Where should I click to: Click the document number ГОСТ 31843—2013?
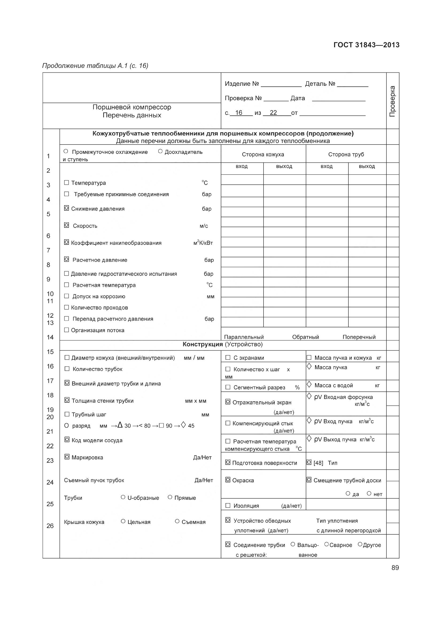[x=366, y=45]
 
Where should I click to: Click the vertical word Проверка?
[x=393, y=101]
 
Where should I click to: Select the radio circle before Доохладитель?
[x=160, y=151]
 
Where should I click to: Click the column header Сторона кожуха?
[x=263, y=155]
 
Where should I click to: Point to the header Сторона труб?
[x=346, y=155]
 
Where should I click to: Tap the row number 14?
[x=50, y=337]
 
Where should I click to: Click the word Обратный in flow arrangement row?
[x=305, y=337]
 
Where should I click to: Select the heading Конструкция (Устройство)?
[x=222, y=344]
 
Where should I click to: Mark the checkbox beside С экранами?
[x=228, y=358]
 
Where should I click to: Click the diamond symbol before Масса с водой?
[x=309, y=385]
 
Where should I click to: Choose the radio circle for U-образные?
[x=123, y=497]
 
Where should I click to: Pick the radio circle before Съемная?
[x=177, y=521]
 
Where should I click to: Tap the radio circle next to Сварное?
[x=327, y=544]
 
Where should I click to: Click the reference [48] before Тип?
[x=318, y=463]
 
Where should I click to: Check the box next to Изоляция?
[x=228, y=506]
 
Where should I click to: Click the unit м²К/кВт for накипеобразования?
[x=203, y=243]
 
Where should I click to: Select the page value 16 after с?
[x=239, y=113]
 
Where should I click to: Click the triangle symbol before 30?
[x=120, y=425]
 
